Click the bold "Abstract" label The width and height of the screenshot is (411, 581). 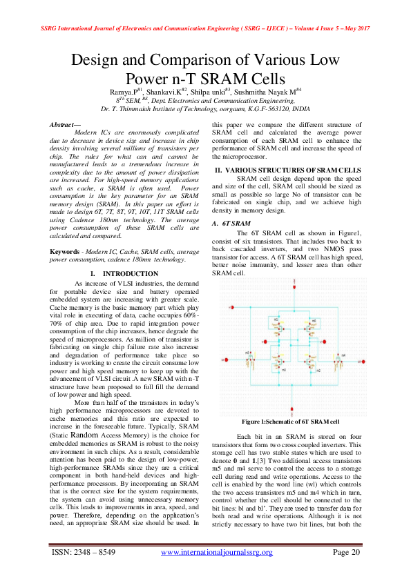[x=64, y=124]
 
